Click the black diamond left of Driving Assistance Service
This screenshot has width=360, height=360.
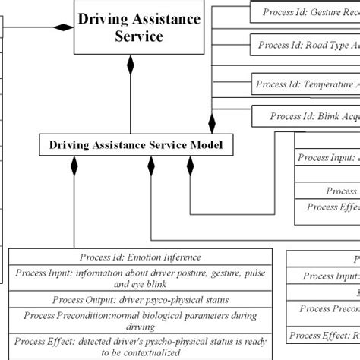pyautogui.click(x=61, y=28)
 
